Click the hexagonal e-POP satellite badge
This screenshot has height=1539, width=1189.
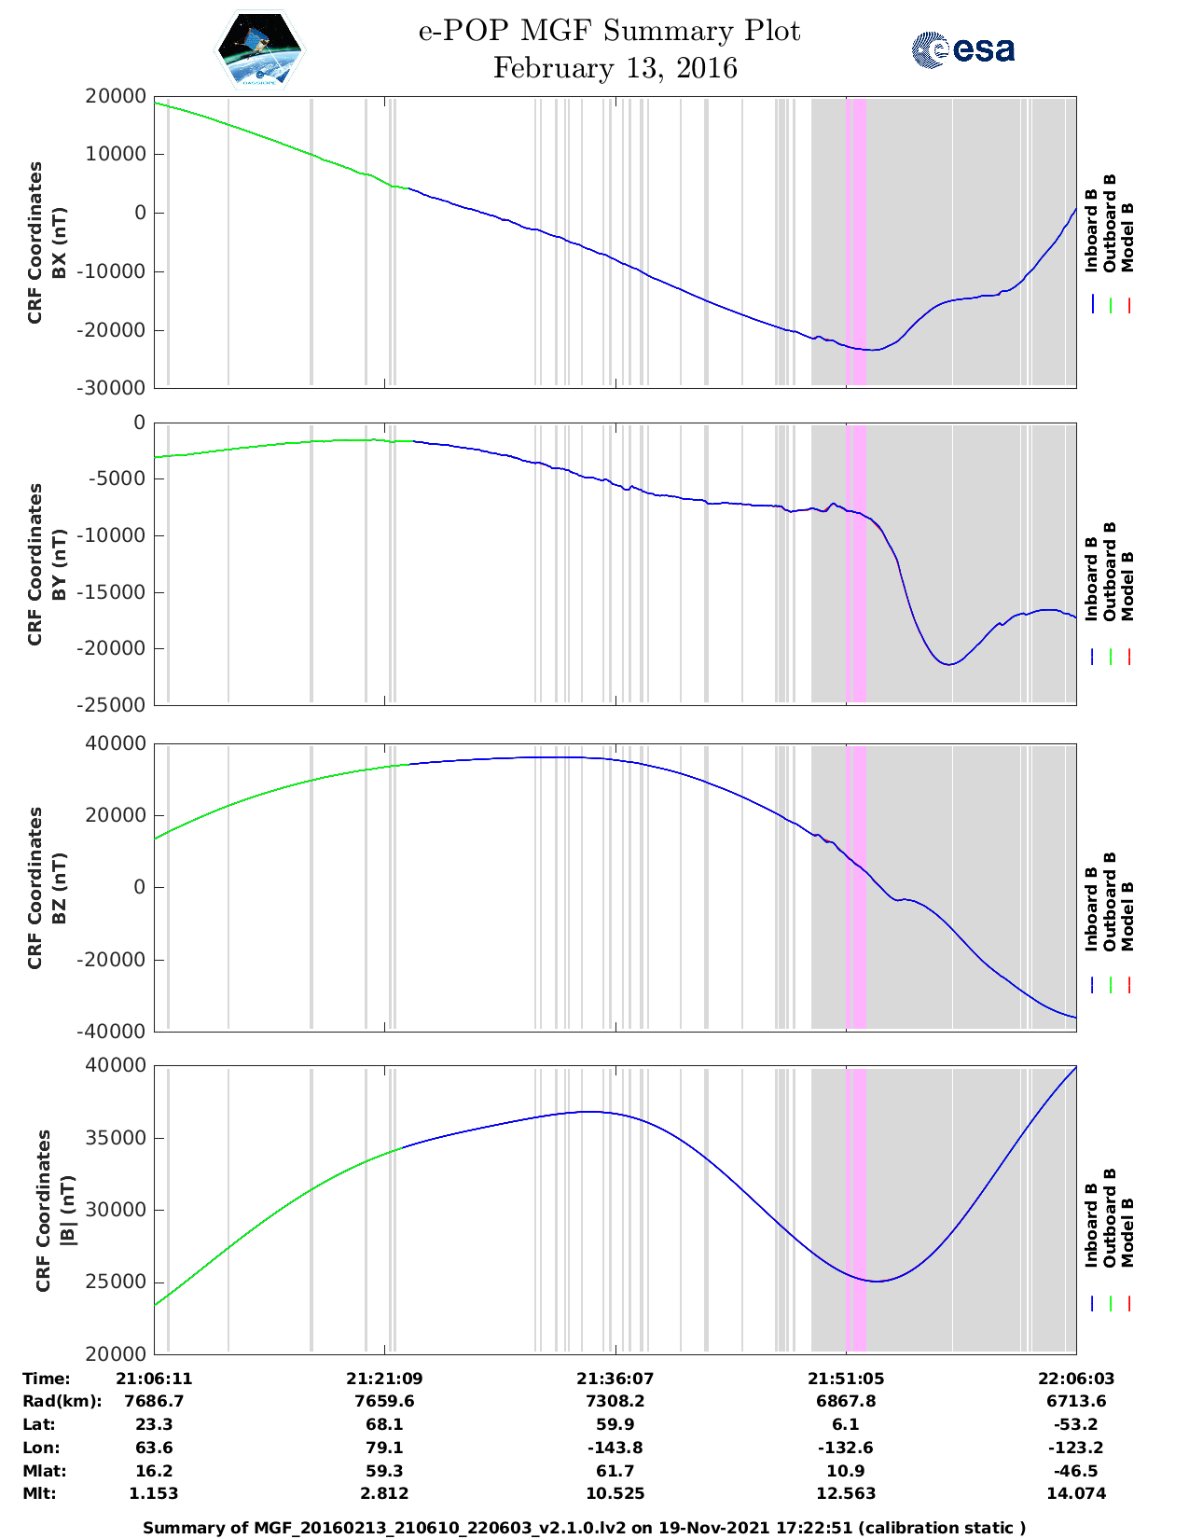point(259,49)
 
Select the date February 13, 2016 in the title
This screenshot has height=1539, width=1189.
point(615,68)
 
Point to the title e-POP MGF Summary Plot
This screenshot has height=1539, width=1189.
point(609,31)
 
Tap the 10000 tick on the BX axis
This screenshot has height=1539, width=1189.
point(116,154)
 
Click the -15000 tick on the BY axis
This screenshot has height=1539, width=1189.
point(110,591)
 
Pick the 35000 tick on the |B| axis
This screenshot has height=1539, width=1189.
point(116,1137)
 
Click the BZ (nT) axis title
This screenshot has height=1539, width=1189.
point(59,888)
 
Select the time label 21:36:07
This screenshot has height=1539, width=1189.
point(615,1379)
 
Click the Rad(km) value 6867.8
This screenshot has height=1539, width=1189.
point(846,1401)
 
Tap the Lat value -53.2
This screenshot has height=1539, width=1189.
point(1075,1424)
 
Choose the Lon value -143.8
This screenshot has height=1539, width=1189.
point(615,1448)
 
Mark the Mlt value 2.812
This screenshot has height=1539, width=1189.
point(384,1493)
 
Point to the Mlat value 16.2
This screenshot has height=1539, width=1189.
point(154,1471)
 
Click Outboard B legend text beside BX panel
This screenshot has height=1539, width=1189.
point(1109,223)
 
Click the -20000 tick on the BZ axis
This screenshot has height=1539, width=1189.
point(110,960)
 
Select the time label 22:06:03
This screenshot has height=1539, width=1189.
point(1075,1379)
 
